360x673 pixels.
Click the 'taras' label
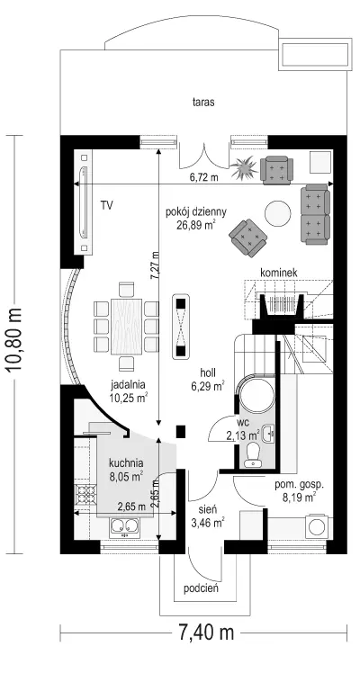203,103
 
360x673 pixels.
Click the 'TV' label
107,206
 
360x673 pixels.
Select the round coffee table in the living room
278,214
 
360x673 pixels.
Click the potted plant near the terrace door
243,168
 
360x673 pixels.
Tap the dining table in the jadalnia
127,327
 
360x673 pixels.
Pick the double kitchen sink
124,527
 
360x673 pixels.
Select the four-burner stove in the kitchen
85,495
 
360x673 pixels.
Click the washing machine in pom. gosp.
317,525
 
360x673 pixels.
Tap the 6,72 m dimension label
203,177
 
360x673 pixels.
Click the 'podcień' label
202,588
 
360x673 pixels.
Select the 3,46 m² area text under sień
208,524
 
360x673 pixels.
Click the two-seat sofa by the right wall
315,215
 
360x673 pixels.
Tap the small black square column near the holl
181,430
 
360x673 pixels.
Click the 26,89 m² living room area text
195,225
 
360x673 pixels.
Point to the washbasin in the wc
268,433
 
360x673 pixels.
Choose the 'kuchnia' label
126,463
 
